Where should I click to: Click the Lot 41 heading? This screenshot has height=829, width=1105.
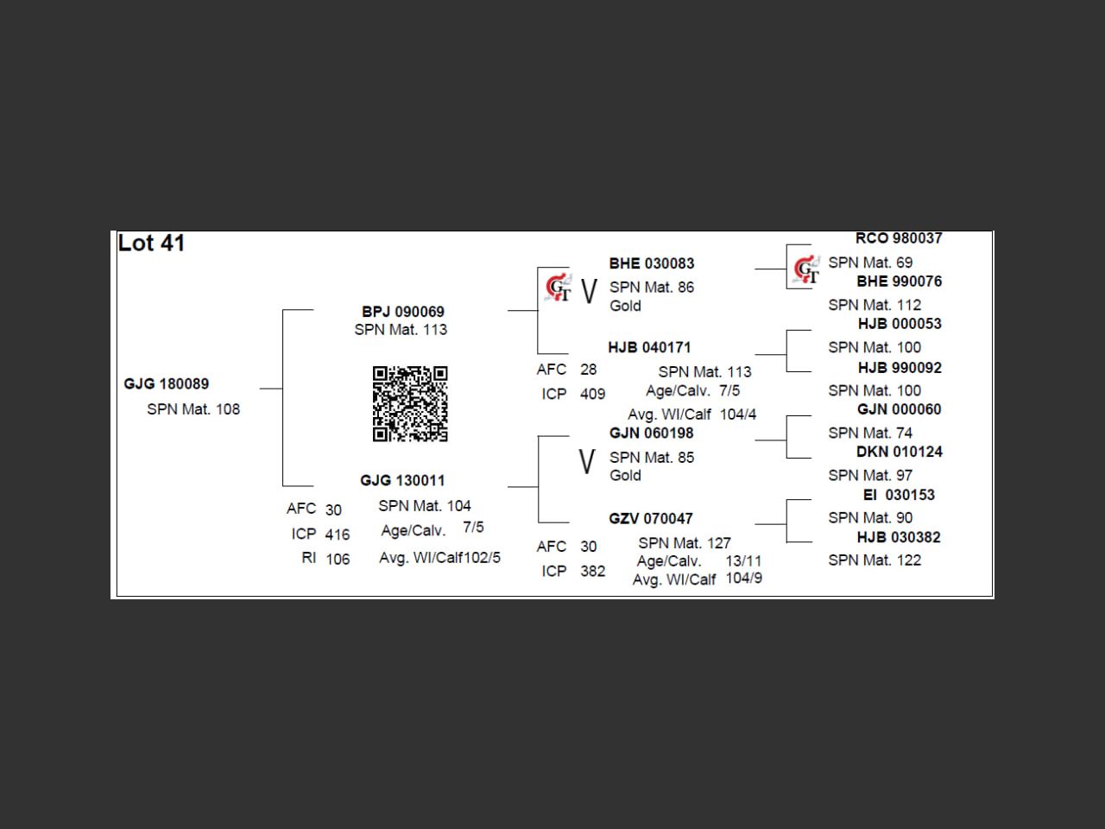[x=151, y=244]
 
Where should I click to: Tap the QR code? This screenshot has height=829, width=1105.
[x=410, y=403]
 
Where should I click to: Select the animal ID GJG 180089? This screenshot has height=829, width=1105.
[x=166, y=383]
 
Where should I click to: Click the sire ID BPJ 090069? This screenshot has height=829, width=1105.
[x=402, y=311]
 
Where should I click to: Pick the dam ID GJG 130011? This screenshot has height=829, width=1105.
[x=402, y=480]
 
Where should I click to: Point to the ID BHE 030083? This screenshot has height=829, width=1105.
[x=651, y=263]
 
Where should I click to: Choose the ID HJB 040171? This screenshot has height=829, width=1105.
[x=649, y=347]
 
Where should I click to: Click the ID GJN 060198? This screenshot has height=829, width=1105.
[x=651, y=433]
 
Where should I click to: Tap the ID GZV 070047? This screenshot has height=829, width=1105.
[x=650, y=518]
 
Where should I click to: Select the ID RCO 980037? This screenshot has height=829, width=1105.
[x=899, y=238]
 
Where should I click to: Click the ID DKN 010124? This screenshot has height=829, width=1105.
[x=899, y=452]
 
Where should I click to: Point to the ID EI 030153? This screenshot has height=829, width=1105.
[x=899, y=495]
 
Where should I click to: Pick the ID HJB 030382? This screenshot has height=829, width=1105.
[x=899, y=537]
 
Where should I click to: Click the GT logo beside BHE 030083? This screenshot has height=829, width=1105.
[x=559, y=288]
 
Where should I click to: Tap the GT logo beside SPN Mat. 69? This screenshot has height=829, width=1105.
[x=806, y=270]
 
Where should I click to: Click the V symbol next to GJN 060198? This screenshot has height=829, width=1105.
[x=587, y=462]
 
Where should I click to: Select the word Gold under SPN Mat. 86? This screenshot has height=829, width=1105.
[x=625, y=306]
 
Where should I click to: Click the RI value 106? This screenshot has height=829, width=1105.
[x=338, y=559]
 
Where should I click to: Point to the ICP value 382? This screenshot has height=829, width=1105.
[x=592, y=571]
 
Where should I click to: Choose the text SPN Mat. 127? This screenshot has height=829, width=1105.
[x=684, y=543]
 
